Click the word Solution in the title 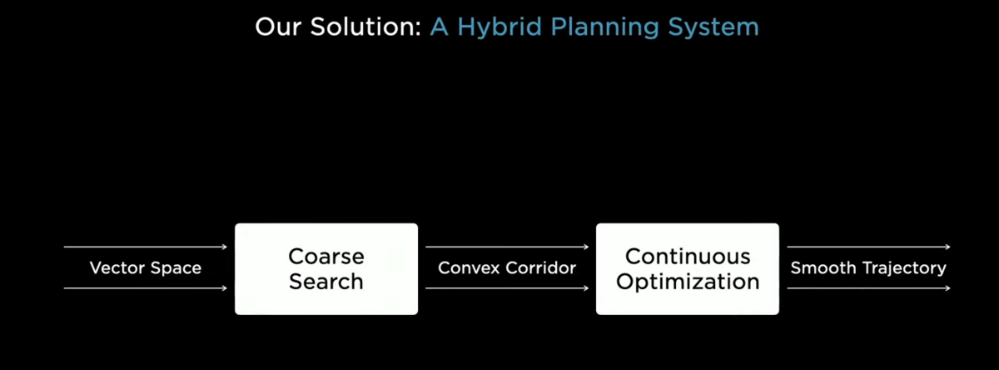click(365, 27)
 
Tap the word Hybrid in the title click(500, 28)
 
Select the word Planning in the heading click(604, 28)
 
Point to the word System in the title click(713, 28)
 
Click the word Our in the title click(278, 27)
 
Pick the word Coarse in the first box click(326, 257)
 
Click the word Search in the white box click(326, 282)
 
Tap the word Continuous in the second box click(688, 257)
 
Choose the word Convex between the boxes click(468, 267)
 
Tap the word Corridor click(540, 267)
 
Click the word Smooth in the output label click(823, 267)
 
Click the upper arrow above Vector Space click(146, 247)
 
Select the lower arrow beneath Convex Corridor click(507, 288)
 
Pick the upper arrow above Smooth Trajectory click(869, 247)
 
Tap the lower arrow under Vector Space click(146, 288)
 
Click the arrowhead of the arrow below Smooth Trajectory click(948, 288)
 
